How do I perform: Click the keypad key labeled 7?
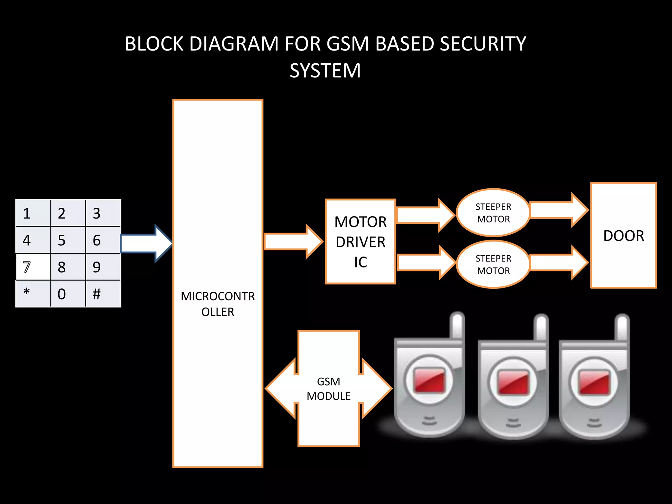[x=33, y=267]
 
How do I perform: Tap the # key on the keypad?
[x=103, y=294]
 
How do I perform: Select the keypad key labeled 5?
[x=68, y=240]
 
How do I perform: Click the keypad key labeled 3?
[x=103, y=213]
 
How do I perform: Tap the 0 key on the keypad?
[x=68, y=294]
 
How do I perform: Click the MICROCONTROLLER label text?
[x=218, y=304]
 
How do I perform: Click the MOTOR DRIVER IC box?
[x=360, y=241]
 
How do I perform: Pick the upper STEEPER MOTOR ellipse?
[x=493, y=213]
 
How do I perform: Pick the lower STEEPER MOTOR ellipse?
[x=493, y=264]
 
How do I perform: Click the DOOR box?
[x=623, y=236]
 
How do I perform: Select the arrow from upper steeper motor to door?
[x=558, y=210]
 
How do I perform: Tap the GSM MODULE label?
[x=328, y=389]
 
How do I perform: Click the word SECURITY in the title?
[x=483, y=44]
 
